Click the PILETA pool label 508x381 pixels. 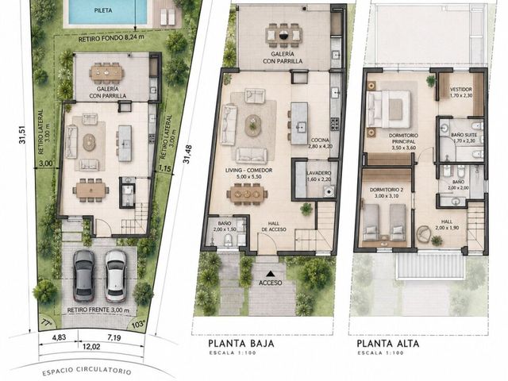click(x=103, y=10)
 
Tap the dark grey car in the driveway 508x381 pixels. click(x=84, y=275)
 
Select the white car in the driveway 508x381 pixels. click(x=116, y=275)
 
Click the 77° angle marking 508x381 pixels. click(x=47, y=322)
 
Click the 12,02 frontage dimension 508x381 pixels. click(x=91, y=347)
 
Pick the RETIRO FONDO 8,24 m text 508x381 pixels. click(x=111, y=38)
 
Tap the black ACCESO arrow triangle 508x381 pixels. click(x=271, y=274)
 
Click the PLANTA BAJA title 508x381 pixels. click(x=241, y=343)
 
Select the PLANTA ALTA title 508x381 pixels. click(x=388, y=343)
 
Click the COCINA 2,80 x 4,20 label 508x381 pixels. click(x=320, y=143)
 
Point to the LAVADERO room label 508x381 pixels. click(x=318, y=173)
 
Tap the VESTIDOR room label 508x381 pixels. click(x=461, y=89)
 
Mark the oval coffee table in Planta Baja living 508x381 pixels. click(x=252, y=125)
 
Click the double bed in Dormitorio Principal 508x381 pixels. click(x=388, y=110)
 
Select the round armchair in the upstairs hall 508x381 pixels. click(x=424, y=234)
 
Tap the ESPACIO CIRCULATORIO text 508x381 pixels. click(x=87, y=370)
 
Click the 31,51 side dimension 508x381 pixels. click(x=22, y=134)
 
